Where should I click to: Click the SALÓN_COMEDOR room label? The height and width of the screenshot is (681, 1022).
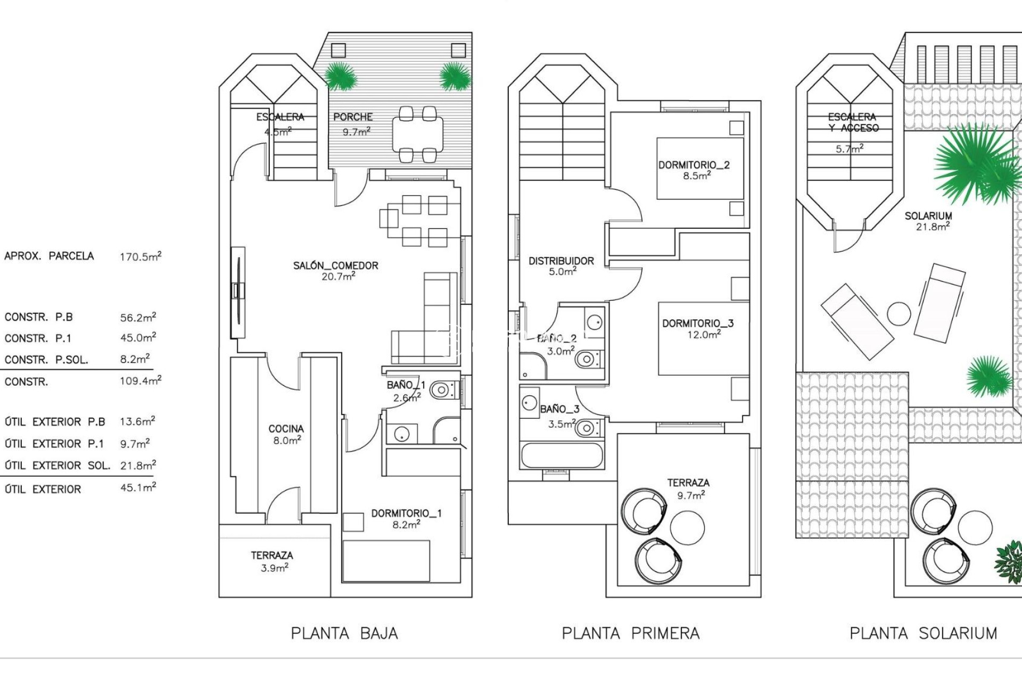tap(336, 265)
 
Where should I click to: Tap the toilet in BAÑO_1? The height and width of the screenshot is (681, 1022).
tap(442, 391)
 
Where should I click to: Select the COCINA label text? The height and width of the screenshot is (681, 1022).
tap(286, 429)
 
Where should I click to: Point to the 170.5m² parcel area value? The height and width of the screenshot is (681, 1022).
tap(140, 256)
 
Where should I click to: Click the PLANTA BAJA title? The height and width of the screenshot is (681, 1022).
tap(344, 633)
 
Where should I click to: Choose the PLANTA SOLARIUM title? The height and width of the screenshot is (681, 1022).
tap(923, 633)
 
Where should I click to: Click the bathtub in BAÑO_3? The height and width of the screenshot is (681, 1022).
tap(562, 456)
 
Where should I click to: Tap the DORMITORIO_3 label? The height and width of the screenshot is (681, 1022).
tap(698, 323)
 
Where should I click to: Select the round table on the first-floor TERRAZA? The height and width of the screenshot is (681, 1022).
tap(687, 527)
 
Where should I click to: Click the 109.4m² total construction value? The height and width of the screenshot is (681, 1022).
tap(140, 381)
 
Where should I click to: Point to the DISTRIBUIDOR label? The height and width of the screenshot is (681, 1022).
tap(561, 261)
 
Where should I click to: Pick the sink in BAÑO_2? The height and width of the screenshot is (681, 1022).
tap(594, 322)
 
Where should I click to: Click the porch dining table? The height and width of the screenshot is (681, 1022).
tap(418, 134)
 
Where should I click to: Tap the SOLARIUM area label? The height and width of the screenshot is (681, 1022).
tap(928, 216)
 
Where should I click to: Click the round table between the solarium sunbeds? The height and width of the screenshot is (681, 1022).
tap(899, 314)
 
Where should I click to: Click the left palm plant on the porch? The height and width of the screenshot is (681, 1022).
tap(340, 77)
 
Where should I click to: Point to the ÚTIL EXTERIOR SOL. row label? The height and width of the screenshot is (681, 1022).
tap(57, 466)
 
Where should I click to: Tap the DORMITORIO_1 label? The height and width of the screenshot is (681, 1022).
tap(406, 513)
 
